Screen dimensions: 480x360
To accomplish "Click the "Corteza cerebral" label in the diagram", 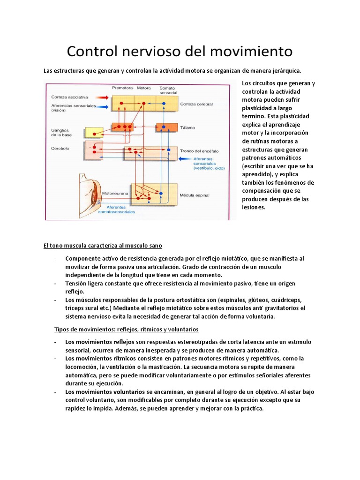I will click(x=195, y=103).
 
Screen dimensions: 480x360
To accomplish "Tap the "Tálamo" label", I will click(x=187, y=127).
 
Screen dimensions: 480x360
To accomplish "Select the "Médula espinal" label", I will click(x=194, y=194).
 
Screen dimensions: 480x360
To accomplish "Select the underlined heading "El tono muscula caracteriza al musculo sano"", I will click(x=103, y=246).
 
